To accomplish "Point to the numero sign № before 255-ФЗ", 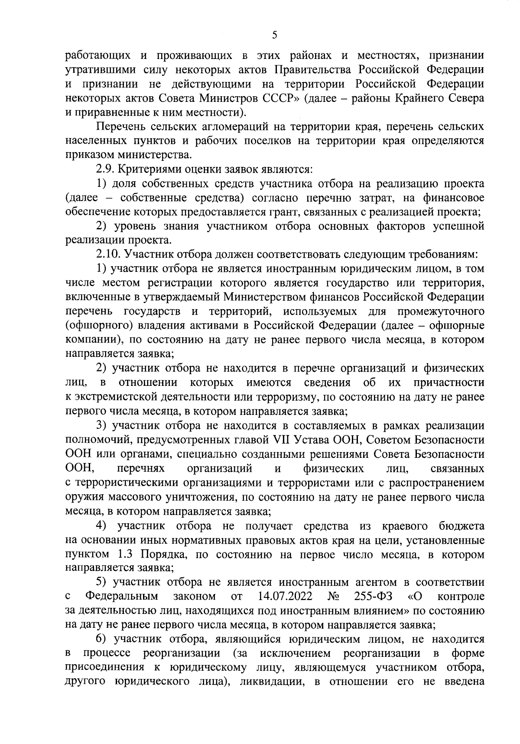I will coord(334,597).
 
